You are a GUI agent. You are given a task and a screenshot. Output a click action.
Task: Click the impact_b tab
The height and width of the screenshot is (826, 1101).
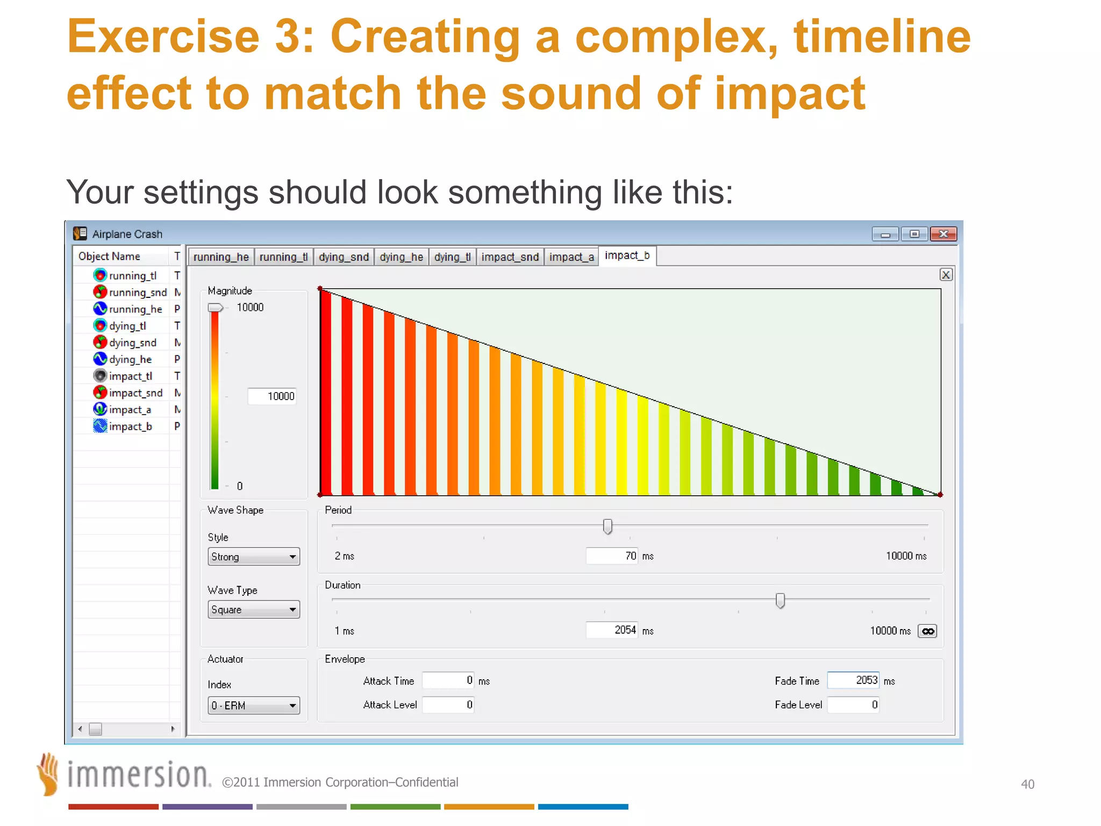coord(627,255)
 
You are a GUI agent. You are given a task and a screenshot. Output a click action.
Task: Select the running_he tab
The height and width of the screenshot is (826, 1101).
coord(221,257)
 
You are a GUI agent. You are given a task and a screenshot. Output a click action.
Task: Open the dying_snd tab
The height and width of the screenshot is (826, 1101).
coord(344,257)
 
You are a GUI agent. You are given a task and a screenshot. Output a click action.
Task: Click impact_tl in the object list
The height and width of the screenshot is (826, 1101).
coord(130,376)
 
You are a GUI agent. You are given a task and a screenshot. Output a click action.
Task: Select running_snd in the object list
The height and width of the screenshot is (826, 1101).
coord(138,292)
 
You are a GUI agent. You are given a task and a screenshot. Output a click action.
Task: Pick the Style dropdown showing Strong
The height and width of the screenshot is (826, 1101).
coord(253,557)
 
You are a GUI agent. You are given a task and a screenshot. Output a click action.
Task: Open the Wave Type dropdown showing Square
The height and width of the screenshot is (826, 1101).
coord(253,609)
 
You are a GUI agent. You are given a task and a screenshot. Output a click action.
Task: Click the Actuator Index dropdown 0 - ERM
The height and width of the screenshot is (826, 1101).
coord(253,705)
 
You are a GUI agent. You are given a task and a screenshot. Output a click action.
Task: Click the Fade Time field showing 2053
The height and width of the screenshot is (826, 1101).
coord(853,680)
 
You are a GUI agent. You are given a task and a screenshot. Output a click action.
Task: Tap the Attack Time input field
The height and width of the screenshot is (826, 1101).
coord(448,680)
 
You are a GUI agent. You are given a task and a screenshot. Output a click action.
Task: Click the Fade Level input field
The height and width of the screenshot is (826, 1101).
coord(853,704)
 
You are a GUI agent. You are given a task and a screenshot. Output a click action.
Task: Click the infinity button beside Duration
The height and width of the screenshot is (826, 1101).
coord(927,631)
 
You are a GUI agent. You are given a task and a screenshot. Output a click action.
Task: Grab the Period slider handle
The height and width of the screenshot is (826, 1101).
coord(607,526)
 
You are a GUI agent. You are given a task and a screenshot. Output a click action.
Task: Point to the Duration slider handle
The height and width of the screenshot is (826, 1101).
coord(780,600)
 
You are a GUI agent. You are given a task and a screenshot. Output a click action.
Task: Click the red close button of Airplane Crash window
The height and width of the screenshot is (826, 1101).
coord(943,234)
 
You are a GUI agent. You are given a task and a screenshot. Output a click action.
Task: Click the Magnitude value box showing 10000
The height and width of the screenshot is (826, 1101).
coord(272,396)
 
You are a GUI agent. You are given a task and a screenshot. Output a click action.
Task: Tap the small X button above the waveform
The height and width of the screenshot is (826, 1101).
coord(946,275)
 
